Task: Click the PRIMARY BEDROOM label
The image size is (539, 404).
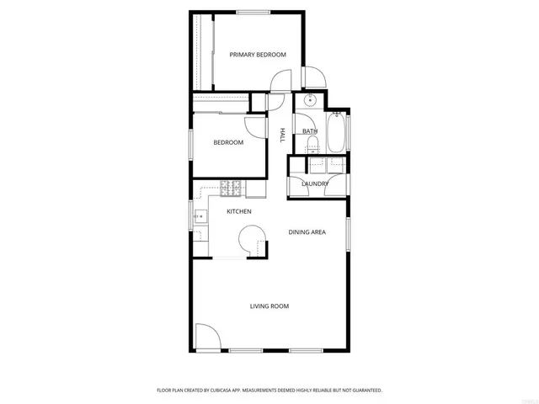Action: click(x=258, y=55)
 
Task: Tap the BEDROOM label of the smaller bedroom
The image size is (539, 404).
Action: click(x=228, y=142)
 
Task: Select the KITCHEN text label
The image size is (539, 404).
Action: click(x=238, y=211)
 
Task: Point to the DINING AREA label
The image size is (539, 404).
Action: click(x=307, y=232)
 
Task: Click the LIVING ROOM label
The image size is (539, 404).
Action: click(x=269, y=306)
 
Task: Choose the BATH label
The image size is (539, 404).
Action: click(x=310, y=131)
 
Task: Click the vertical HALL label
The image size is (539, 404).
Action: click(x=282, y=135)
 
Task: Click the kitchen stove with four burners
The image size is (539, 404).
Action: click(x=232, y=187)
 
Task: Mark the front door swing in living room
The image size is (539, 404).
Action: click(x=207, y=338)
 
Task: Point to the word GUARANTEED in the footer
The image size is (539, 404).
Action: click(x=364, y=391)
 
